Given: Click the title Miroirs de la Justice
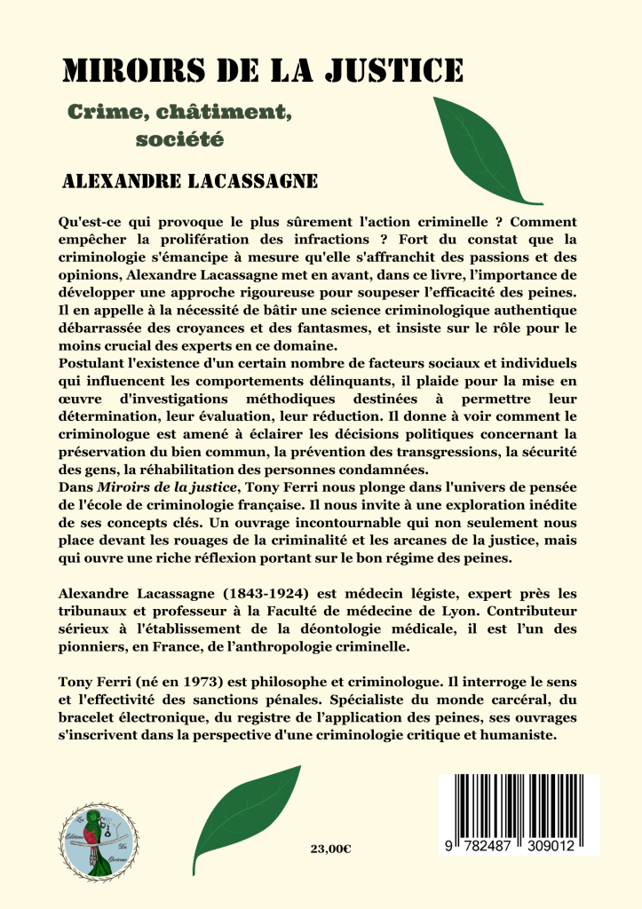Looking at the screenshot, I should point(262,70).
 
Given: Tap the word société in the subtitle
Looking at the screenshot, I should point(178,138).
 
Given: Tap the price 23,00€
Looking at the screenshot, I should point(331,849).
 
